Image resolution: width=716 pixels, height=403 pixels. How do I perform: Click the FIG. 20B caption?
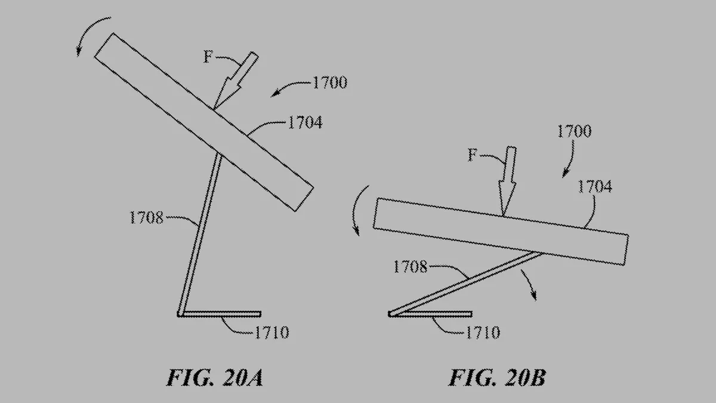(497, 379)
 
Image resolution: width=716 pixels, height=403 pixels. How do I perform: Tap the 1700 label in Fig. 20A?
(329, 83)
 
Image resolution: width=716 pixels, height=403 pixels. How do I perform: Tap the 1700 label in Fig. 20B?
(574, 131)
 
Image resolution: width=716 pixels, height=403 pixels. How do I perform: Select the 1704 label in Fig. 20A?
(304, 123)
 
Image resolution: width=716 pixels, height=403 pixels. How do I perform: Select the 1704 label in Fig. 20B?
(594, 187)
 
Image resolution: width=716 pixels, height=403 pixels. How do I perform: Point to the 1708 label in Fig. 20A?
(146, 217)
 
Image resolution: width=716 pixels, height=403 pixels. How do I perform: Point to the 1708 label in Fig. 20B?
(410, 267)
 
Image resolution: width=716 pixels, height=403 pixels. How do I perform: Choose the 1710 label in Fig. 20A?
(271, 332)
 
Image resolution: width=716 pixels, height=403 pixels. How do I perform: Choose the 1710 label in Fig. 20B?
(482, 332)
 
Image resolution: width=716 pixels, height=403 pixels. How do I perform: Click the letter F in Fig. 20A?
(208, 58)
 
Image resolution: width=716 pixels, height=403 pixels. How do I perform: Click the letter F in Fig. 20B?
(472, 156)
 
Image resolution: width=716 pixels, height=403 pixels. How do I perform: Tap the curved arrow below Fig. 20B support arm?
(529, 284)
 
